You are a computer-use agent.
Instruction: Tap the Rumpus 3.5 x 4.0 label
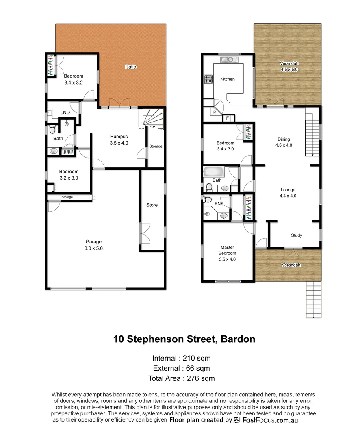tap(119, 140)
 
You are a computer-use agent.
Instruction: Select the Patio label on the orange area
tap(130, 67)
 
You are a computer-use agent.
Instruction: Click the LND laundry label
tap(65, 113)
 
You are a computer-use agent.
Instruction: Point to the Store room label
tap(152, 205)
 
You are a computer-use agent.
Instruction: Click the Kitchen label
tap(227, 79)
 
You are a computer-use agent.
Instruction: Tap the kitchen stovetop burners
tap(208, 79)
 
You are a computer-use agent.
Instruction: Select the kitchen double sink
tap(227, 60)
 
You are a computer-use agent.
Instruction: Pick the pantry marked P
tap(214, 112)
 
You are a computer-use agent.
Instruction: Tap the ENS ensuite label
tap(219, 204)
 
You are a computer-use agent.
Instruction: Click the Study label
tap(297, 235)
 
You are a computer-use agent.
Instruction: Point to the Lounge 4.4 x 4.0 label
tap(288, 193)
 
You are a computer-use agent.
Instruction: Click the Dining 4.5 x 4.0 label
tap(284, 142)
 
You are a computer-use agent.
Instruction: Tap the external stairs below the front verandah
tap(313, 300)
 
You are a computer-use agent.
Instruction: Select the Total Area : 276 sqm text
tap(181, 378)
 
